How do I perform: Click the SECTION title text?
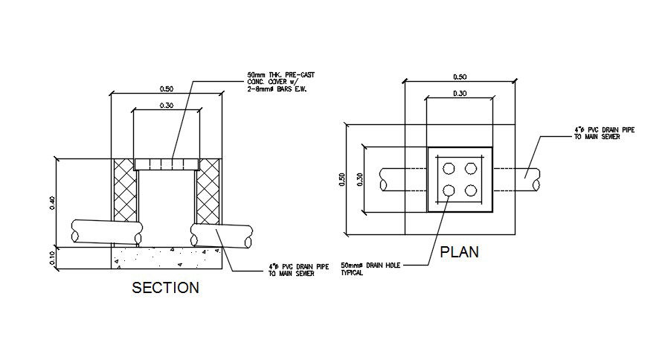165,288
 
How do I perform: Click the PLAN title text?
459,252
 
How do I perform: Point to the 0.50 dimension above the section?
167,89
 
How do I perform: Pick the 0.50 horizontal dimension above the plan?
459,77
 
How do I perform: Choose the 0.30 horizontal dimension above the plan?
459,94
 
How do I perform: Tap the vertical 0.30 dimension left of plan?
360,180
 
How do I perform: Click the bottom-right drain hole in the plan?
470,190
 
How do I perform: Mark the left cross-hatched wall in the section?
124,190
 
